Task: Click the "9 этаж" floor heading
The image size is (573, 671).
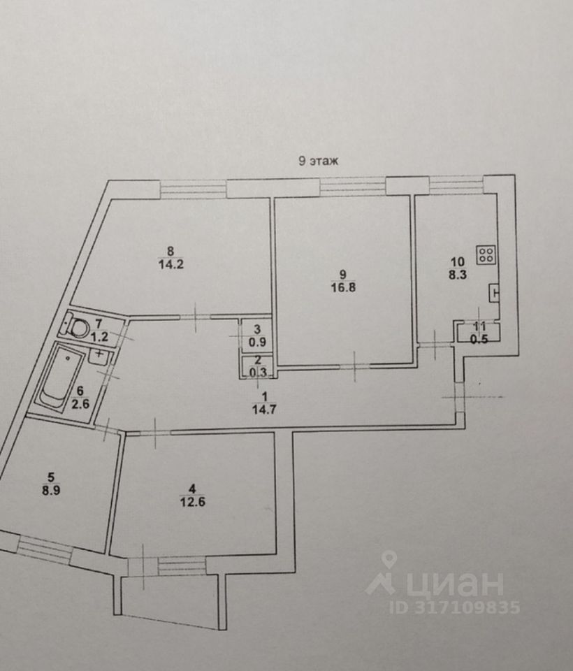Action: coord(318,161)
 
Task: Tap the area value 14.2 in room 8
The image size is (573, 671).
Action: coord(171,264)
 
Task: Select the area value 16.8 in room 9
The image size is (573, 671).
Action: coord(343,287)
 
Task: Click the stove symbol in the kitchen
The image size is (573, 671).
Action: coord(486,256)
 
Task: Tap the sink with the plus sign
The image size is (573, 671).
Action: coord(99,355)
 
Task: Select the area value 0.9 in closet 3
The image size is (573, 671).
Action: coord(257,342)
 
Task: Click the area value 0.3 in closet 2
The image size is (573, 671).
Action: coord(258,373)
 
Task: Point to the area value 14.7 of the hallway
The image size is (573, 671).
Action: coord(264,410)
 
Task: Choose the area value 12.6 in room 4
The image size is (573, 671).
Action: coord(193,502)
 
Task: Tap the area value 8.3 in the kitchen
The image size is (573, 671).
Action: coord(458,275)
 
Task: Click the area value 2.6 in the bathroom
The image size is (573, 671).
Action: coord(80,403)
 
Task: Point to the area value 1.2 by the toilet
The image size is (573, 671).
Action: coord(100,336)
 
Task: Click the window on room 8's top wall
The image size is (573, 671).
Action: coord(193,189)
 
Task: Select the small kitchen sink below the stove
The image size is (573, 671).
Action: coord(494,294)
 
